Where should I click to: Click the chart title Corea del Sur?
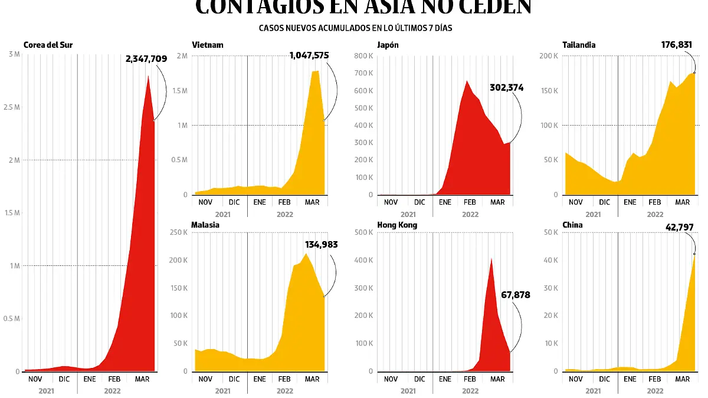[x=48, y=45]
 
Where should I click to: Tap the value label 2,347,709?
[x=146, y=58]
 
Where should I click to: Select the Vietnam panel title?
[x=208, y=45]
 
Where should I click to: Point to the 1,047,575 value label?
[x=309, y=55]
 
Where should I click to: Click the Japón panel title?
[x=388, y=45]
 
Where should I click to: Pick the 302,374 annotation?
[x=506, y=88]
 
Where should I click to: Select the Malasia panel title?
[x=206, y=225]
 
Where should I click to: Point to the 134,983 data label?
[x=322, y=244]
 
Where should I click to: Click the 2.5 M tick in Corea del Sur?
[x=12, y=108]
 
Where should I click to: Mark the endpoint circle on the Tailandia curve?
[x=694, y=73]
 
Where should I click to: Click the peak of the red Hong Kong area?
[x=491, y=258]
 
